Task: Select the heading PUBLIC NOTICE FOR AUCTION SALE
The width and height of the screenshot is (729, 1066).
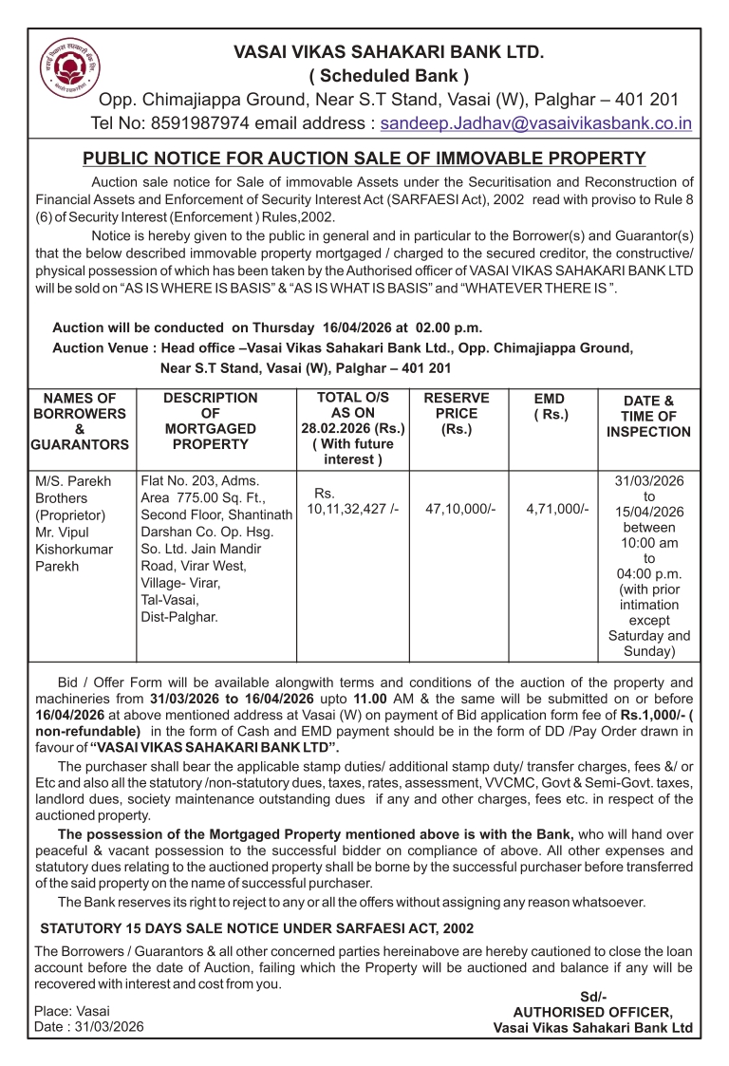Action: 364,159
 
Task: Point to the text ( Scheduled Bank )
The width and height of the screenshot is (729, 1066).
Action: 389,75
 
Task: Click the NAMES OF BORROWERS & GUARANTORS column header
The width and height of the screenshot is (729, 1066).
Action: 80,421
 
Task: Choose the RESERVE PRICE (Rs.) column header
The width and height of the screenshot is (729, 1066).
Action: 457,413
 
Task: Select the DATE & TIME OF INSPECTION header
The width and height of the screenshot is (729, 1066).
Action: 648,417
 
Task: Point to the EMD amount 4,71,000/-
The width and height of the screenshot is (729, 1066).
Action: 558,510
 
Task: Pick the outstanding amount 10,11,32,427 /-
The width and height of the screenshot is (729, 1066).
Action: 352,510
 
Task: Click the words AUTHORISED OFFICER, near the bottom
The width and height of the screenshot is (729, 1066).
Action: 593,1012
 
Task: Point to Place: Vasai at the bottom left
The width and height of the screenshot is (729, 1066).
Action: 71,1010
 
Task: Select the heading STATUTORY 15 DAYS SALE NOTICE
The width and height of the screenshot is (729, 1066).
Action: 256,927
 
